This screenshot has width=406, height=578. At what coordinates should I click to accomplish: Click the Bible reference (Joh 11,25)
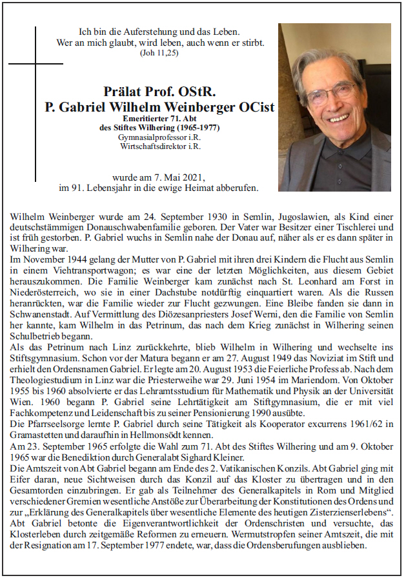point(158,52)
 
